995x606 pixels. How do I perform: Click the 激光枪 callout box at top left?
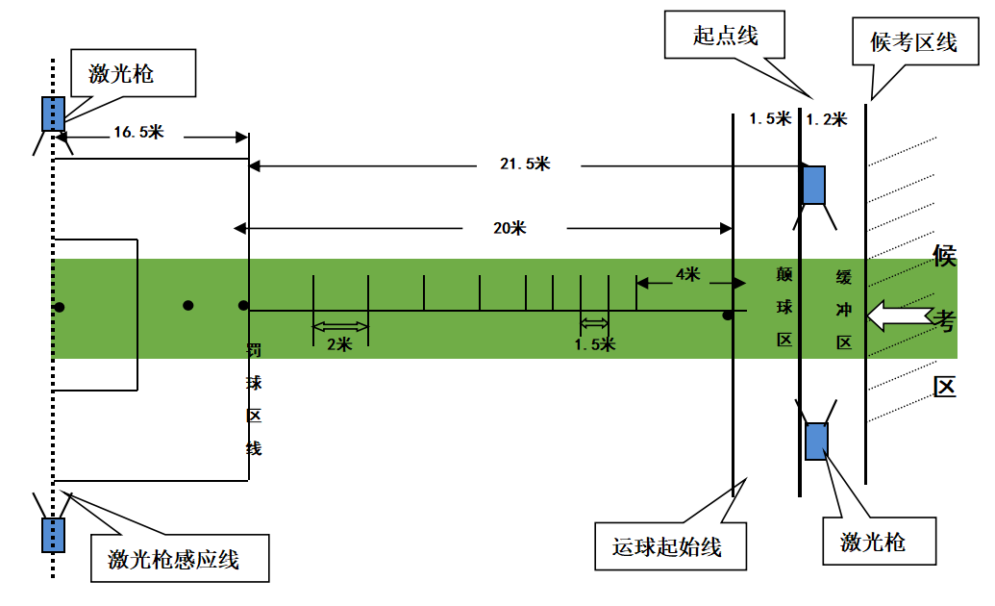coord(134,73)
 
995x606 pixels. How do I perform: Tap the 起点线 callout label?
coord(726,37)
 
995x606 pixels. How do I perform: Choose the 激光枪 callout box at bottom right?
coord(873,541)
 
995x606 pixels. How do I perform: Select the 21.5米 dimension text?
coord(525,164)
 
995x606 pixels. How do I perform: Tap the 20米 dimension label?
coord(510,228)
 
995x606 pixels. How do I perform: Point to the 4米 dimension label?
coord(687,274)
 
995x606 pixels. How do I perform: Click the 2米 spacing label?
coord(339,344)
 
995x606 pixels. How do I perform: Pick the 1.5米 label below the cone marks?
coord(594,344)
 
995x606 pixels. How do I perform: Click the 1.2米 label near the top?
coord(826,119)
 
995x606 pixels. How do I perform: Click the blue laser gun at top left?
coord(53,114)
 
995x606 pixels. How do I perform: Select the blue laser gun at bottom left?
coord(53,534)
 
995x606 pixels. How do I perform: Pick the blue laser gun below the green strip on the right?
coord(816,441)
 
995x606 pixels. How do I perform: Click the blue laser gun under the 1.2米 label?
coord(813,185)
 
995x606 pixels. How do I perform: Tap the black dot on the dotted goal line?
coord(60,307)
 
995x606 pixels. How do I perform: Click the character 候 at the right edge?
coord(944,256)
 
